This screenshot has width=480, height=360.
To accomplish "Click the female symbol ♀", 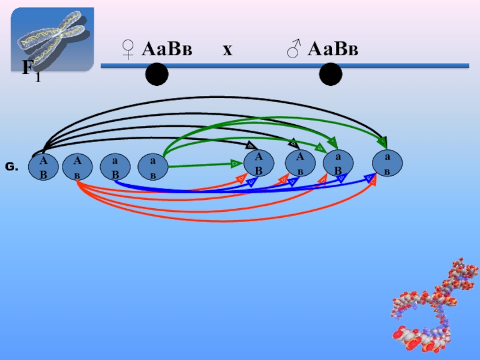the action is coord(128,49).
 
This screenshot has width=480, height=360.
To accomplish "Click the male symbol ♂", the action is coord(293,49).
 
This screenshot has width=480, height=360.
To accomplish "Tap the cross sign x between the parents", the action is coord(227,50).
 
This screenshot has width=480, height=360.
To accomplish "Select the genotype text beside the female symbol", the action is coord(166,49).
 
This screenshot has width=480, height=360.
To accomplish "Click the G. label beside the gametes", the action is coord(12,167).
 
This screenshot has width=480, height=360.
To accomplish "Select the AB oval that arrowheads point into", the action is coord(259,163).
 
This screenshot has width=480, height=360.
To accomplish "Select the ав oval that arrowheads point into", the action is coord(387,163).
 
